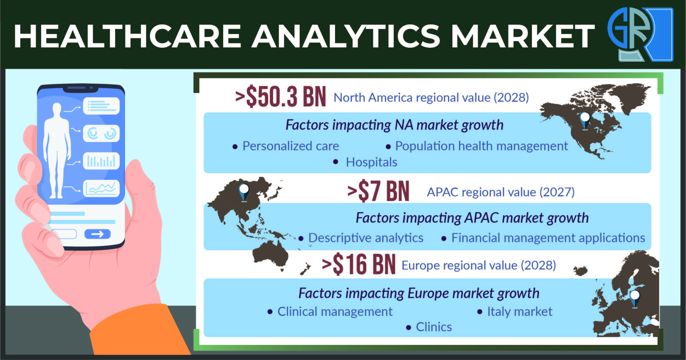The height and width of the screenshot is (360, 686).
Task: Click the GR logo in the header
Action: (x=640, y=34)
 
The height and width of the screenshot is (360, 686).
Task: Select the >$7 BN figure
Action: (x=378, y=191)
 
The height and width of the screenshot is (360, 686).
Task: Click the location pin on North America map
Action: (x=585, y=121)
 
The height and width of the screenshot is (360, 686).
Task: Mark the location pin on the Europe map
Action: (x=635, y=299)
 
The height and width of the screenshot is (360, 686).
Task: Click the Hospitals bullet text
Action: (x=372, y=162)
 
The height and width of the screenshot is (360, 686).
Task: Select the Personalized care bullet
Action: (x=291, y=146)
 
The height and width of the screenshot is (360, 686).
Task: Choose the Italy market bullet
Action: (x=520, y=312)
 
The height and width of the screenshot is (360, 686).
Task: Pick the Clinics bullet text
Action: (x=434, y=327)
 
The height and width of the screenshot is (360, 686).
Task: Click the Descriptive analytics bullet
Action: (x=366, y=238)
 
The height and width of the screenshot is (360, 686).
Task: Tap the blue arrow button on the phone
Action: (x=97, y=234)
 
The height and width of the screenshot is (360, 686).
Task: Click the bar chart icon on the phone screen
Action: (x=101, y=161)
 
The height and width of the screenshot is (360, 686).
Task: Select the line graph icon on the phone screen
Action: (x=101, y=189)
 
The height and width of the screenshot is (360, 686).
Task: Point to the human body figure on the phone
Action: (x=57, y=151)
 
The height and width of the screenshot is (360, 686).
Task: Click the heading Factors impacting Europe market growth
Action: (x=419, y=293)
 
